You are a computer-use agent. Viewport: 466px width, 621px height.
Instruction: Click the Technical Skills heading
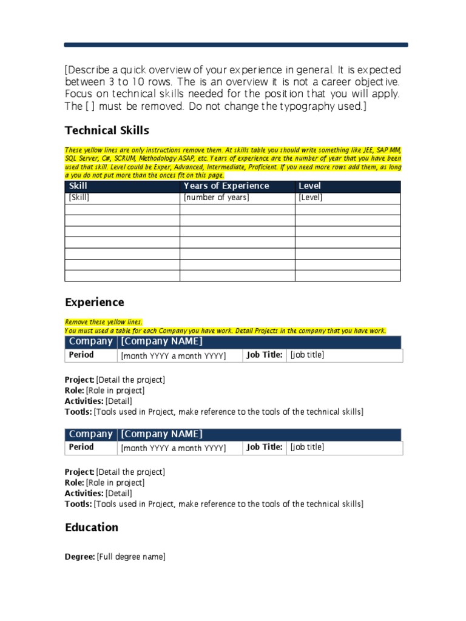[x=107, y=130]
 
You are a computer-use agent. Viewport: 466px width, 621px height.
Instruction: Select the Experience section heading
[x=94, y=302]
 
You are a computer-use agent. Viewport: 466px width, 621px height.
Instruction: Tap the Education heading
[x=92, y=527]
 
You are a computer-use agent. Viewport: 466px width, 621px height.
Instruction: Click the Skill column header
[x=79, y=186]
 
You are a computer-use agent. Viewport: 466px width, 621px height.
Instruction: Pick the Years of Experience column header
[x=226, y=186]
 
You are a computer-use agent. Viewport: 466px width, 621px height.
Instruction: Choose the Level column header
[x=309, y=186]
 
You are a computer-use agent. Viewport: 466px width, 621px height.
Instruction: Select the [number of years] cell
[x=216, y=198]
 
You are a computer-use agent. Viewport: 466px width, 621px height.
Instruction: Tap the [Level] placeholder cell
[x=310, y=198]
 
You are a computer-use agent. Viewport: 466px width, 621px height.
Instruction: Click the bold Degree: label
[x=80, y=557]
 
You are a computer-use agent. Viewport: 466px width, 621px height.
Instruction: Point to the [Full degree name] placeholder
[x=131, y=557]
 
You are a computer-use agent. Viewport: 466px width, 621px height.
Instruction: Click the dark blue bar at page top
[x=236, y=45]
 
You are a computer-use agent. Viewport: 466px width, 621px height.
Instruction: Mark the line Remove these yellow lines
[x=104, y=322]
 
